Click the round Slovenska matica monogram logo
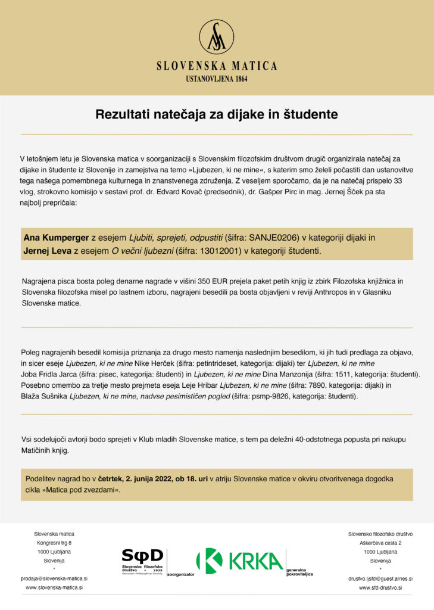tap(216, 37)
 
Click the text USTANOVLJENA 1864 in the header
tap(217, 78)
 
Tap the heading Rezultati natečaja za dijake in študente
tap(217, 114)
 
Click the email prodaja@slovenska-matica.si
tap(54, 578)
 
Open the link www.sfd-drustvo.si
tap(380, 587)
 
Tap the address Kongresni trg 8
tap(54, 543)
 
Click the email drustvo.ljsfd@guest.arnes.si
tap(380, 578)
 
